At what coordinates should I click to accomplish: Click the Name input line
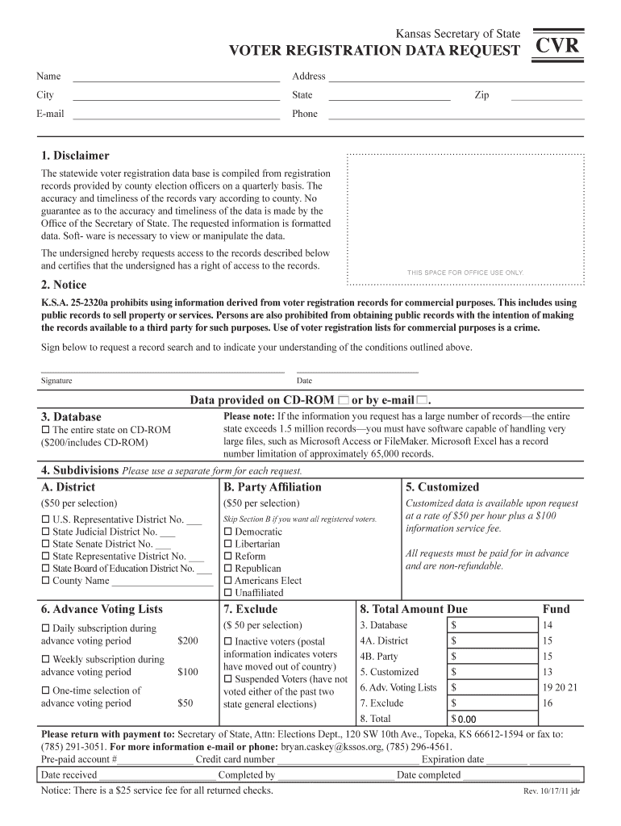coord(176,78)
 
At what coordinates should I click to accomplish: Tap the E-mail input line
coord(176,115)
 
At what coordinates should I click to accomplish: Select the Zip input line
coord(546,97)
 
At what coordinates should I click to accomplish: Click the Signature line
coord(162,370)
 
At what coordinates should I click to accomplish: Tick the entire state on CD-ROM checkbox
coord(45,430)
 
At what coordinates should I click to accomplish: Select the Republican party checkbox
coord(227,569)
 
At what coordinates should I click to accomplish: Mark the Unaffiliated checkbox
coord(227,593)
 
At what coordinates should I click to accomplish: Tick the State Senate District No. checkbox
coord(45,544)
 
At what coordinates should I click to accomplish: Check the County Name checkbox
coord(45,581)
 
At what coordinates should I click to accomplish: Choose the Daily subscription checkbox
coord(45,628)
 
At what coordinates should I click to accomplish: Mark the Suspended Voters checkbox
coord(227,679)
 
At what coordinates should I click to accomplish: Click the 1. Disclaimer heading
coord(75,156)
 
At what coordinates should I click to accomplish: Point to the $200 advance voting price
coord(187,641)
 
